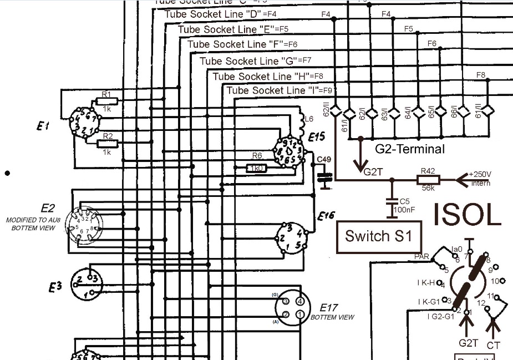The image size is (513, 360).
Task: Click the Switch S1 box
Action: click(379, 236)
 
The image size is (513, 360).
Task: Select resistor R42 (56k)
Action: click(428, 180)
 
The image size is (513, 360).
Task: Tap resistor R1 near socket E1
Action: click(106, 100)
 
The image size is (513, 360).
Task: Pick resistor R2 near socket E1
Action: click(108, 144)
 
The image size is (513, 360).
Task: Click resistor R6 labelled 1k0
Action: click(257, 168)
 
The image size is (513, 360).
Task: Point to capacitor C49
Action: click(323, 177)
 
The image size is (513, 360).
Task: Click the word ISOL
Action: click(468, 214)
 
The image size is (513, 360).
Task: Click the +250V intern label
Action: click(480, 178)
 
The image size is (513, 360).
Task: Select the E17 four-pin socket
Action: click(292, 308)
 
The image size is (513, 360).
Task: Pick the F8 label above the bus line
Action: click(481, 75)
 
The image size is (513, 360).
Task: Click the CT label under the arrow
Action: click(493, 345)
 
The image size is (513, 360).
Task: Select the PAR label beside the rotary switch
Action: click(422, 257)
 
